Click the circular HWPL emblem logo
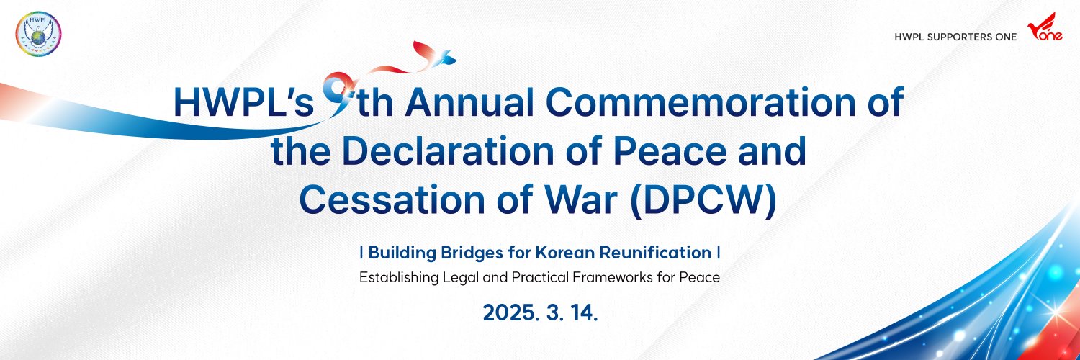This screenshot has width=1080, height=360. tap(38, 34)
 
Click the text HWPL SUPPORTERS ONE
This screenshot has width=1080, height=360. tap(955, 37)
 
